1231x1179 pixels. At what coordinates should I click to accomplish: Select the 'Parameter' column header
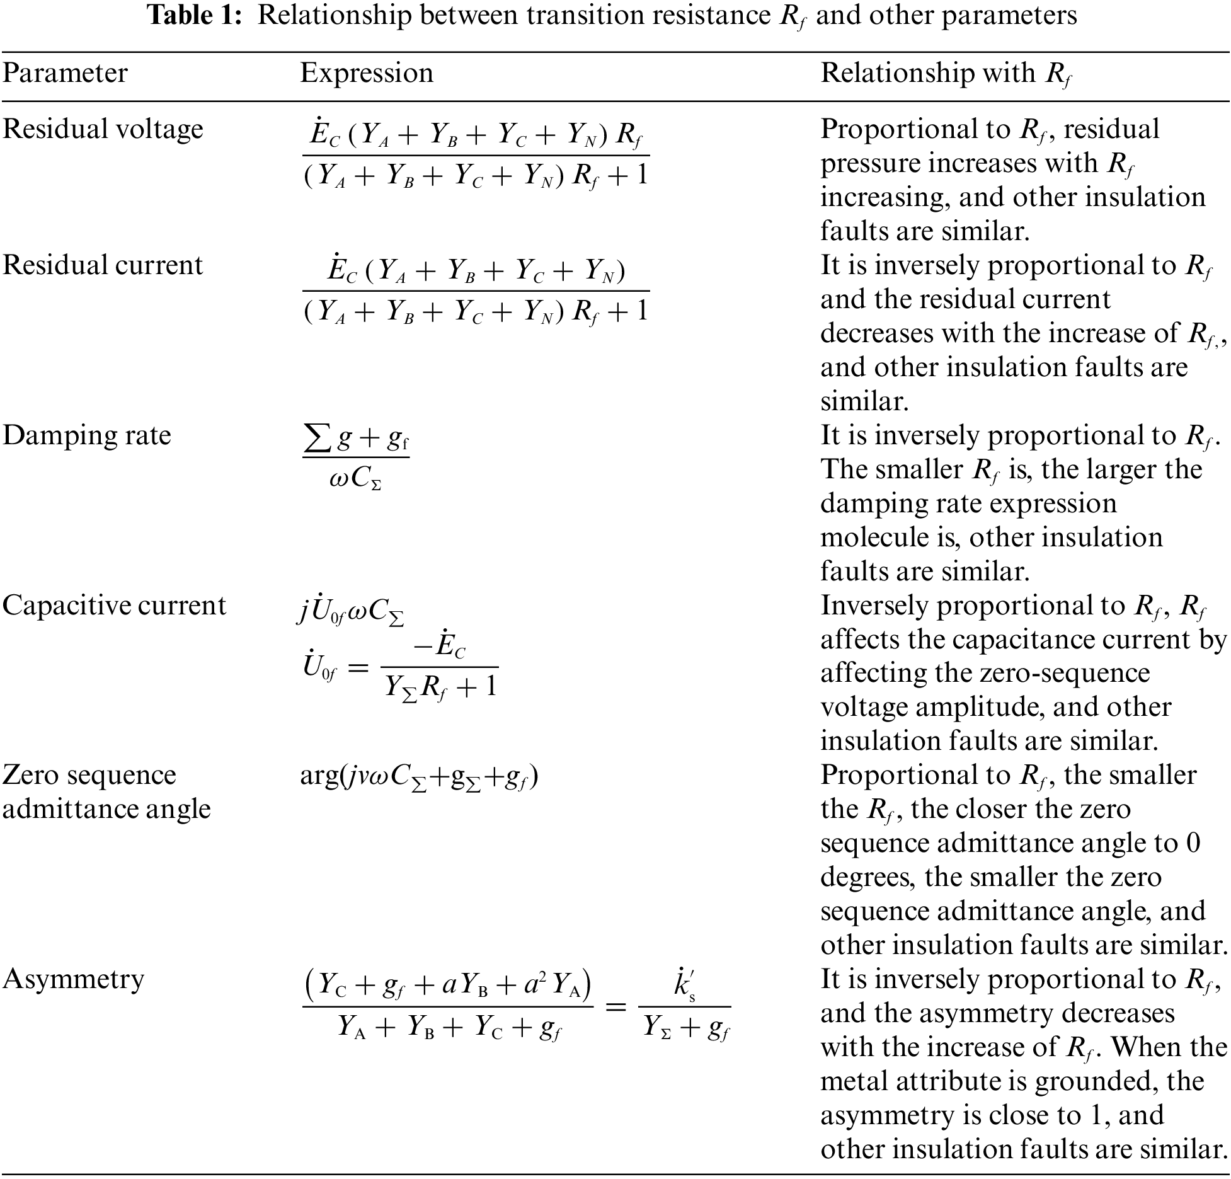point(65,73)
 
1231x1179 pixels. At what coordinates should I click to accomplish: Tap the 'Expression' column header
point(367,73)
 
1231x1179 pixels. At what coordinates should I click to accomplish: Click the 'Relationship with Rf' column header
point(946,74)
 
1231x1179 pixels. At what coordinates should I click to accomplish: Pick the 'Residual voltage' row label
point(103,129)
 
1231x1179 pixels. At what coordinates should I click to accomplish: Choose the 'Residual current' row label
point(103,265)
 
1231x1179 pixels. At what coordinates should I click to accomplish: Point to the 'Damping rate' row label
point(87,435)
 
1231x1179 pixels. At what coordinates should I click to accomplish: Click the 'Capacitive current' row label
point(114,606)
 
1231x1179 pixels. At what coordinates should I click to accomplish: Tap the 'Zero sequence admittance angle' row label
point(106,792)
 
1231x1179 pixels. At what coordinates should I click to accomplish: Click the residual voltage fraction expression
point(476,155)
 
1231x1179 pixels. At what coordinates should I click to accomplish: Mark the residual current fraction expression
point(476,291)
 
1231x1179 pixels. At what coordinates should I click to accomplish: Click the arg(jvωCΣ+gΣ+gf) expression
point(419,776)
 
